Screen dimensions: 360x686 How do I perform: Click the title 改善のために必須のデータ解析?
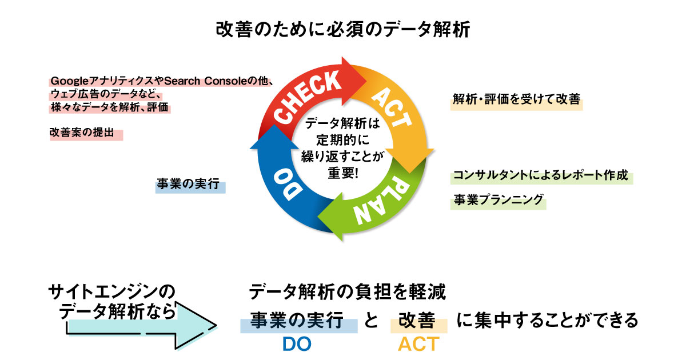pos(343,29)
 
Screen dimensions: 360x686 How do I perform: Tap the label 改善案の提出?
pos(86,133)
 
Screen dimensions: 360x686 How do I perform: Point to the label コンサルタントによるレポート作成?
pos(540,175)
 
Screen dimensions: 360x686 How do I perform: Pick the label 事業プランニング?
pos(497,200)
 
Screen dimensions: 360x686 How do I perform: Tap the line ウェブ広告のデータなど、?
pos(103,94)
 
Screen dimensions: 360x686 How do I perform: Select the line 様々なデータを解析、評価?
pos(110,107)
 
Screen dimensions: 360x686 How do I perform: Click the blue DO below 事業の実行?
pos(297,344)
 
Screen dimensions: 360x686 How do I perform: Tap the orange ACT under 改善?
pos(418,344)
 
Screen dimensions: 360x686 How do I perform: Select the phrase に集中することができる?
pos(547,321)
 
